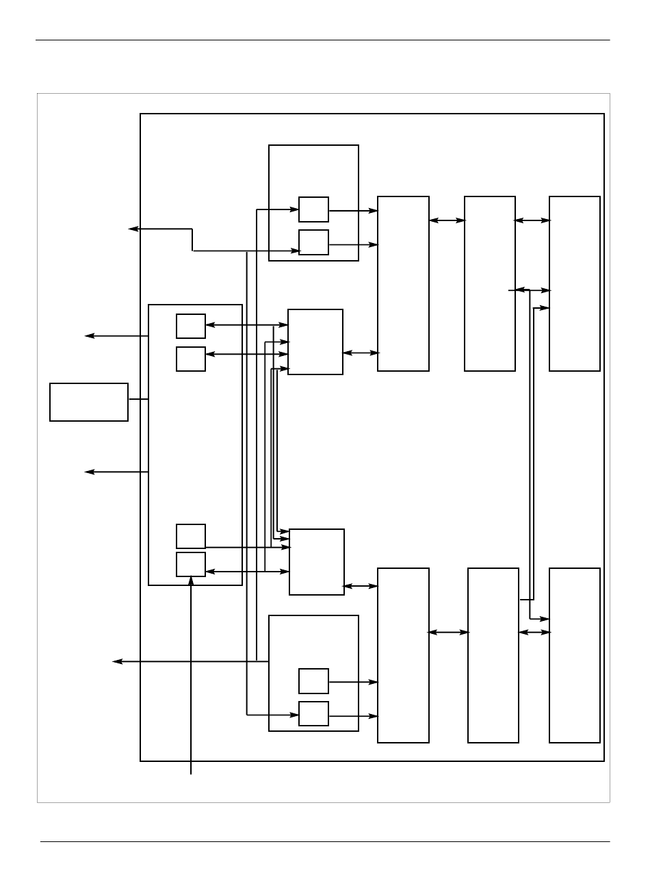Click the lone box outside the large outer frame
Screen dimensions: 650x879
coord(89,402)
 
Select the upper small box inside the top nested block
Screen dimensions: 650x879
coord(313,209)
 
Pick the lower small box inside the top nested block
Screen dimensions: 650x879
coord(313,242)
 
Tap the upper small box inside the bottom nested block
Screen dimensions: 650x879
coord(313,681)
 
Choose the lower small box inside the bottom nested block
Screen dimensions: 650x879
coord(313,714)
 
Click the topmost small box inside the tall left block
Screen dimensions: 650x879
coord(191,326)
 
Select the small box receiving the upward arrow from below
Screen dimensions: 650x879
coord(191,564)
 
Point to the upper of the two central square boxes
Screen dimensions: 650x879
coord(315,342)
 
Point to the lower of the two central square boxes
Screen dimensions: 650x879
coord(317,562)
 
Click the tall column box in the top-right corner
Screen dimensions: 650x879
coord(575,283)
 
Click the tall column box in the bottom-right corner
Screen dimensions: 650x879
coord(575,655)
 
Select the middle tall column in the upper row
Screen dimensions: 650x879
coord(490,283)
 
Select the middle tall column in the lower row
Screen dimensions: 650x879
coord(493,655)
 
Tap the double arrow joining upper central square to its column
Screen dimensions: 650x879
coord(360,353)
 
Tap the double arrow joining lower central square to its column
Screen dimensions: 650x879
coord(361,586)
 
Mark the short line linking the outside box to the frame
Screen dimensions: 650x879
coord(138,399)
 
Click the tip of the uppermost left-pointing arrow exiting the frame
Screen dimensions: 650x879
coord(131,229)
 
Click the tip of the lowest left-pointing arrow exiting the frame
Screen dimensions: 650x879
coord(114,661)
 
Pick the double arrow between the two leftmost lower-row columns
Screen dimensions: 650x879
coord(448,633)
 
